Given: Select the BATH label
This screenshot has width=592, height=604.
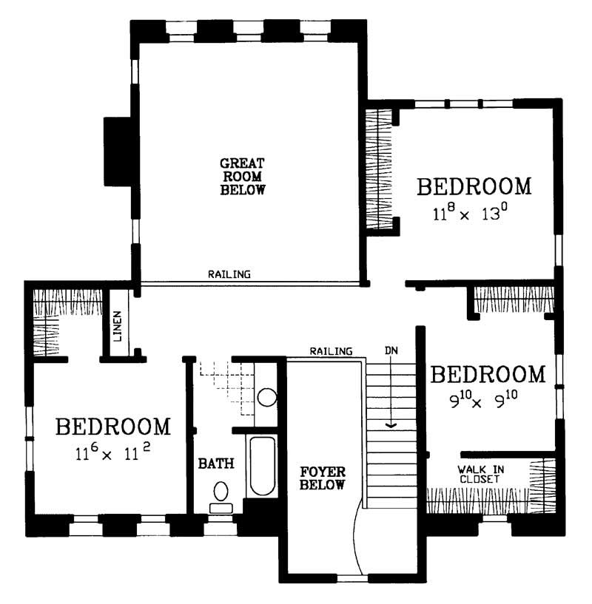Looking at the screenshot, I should click(x=216, y=464).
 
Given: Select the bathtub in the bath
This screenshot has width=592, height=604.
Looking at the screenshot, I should click(x=262, y=466).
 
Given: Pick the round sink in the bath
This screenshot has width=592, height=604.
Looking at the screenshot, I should click(x=266, y=397).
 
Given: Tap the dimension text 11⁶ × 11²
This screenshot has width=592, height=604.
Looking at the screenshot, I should click(x=113, y=453).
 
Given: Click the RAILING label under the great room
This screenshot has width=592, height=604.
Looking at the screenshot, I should click(x=229, y=274).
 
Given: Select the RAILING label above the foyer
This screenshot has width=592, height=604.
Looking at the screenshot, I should click(x=331, y=350).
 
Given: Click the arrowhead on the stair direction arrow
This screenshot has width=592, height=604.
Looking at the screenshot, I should click(x=391, y=426).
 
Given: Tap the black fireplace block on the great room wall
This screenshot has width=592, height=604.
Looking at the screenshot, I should click(x=117, y=151).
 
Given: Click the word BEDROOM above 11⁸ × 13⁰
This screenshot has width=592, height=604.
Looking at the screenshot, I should click(x=474, y=186).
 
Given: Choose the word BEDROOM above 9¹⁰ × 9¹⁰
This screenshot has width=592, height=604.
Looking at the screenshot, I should click(x=488, y=374).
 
